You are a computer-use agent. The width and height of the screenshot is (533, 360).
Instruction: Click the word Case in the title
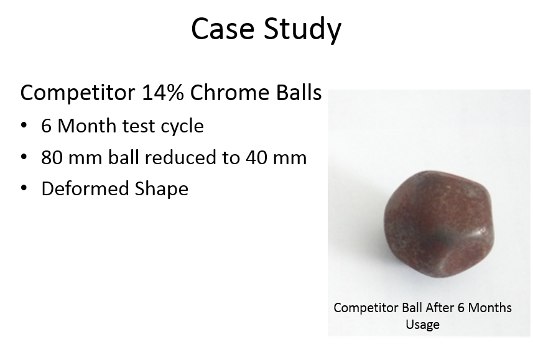coord(223,29)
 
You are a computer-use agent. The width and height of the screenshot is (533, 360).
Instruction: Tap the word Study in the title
coord(302,30)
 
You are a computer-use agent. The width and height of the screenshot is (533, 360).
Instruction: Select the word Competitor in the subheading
coord(78,93)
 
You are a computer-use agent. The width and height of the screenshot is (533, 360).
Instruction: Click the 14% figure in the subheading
coord(162,92)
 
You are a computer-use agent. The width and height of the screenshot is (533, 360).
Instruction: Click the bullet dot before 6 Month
coord(24,126)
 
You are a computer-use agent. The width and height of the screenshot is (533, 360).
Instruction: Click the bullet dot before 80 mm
coord(24,157)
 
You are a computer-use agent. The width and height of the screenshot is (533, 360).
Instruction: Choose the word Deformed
coord(85,188)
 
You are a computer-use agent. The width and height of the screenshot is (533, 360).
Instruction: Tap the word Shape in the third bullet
coord(162,190)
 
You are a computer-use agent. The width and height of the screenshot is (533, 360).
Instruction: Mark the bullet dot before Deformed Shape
coord(24,188)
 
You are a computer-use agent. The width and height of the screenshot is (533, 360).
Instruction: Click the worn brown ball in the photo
coord(438,224)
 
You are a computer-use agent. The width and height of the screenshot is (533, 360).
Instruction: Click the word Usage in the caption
coord(422,325)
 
